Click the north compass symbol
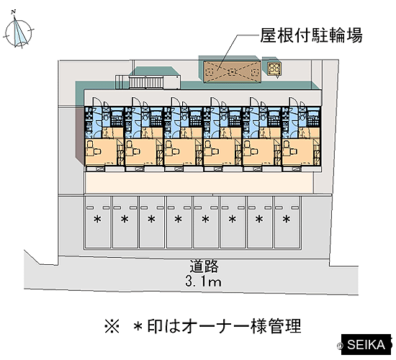point(19,32)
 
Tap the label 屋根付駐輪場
point(311,35)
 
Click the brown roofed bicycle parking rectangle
point(233,72)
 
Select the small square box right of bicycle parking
point(274,68)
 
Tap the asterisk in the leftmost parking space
point(97,220)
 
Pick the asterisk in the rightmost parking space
point(286,220)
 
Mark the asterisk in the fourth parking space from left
point(179,220)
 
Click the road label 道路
point(204,266)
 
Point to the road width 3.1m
point(203,282)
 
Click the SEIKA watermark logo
point(366,345)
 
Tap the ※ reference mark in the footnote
point(112,326)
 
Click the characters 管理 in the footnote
point(284,326)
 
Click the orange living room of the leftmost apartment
point(101,152)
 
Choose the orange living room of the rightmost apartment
point(297,152)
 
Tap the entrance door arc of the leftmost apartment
point(96,102)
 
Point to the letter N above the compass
point(14,12)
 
